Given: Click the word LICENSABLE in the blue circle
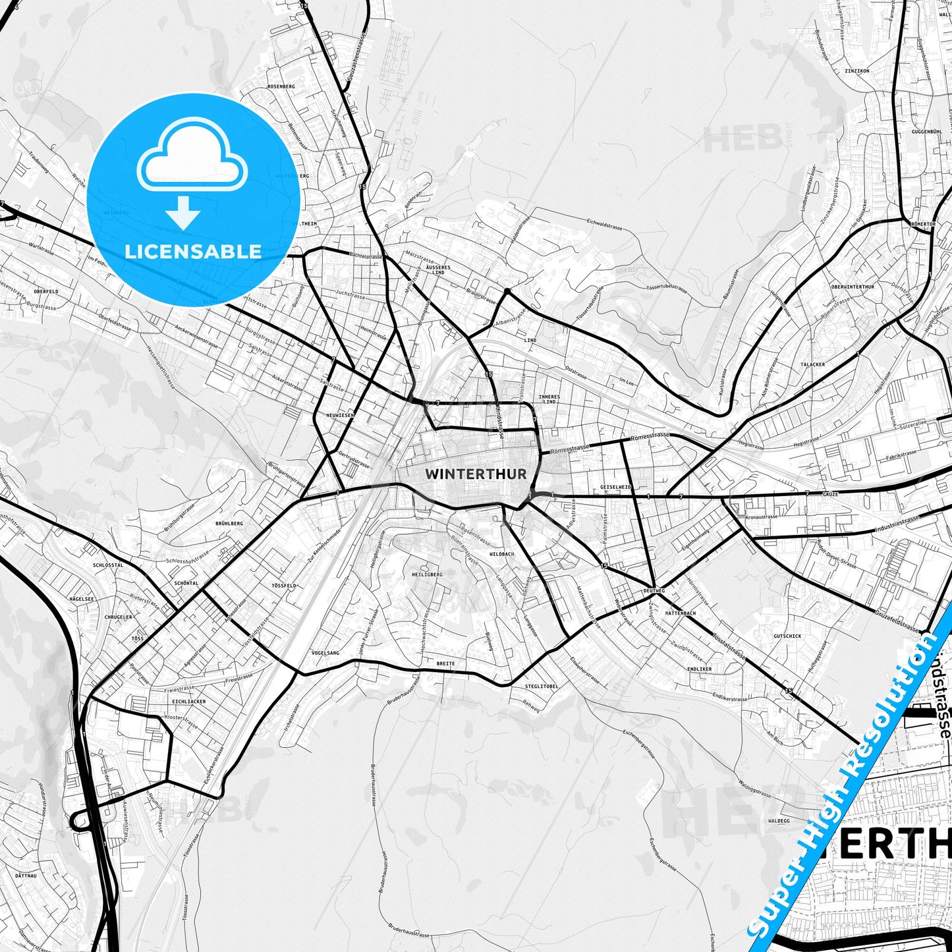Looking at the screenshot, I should (193, 251).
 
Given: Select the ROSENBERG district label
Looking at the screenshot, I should (281, 86).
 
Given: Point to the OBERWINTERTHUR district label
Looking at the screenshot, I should (853, 287).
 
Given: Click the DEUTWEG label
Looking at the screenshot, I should (654, 591).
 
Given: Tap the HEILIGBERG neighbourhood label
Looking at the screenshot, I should (427, 574).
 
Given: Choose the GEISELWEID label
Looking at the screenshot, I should (615, 487).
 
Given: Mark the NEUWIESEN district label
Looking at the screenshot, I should (340, 415).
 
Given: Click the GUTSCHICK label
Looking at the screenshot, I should (787, 636).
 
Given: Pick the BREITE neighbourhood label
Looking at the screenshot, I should (445, 663).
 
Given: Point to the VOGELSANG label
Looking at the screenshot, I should (325, 652).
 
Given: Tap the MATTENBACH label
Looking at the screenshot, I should (681, 613).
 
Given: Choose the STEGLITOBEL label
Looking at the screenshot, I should (542, 686).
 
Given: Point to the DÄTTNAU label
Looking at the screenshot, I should (25, 876).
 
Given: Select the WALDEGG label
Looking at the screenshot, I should (779, 821).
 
